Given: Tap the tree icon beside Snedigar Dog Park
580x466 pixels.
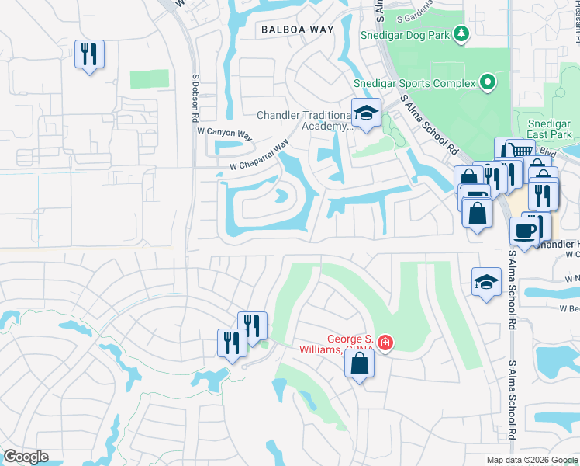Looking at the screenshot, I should point(461,33).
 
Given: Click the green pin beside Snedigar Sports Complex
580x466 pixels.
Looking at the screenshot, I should point(487,82).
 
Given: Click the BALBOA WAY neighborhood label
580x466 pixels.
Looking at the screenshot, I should point(297,30).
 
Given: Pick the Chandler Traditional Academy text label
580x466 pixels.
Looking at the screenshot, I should point(305,121).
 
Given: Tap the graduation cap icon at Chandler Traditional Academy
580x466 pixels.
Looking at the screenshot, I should point(365,113).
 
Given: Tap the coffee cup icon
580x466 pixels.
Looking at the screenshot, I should point(525,231).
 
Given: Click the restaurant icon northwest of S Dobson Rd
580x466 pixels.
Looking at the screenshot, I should point(89,54).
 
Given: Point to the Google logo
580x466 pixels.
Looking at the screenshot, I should point(26,457).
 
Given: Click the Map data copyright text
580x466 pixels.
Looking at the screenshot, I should point(531,460).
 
